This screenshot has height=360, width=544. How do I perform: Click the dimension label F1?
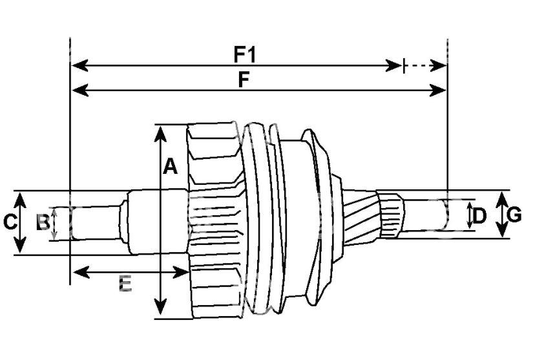click(x=244, y=54)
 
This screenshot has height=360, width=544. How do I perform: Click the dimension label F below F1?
click(x=244, y=80)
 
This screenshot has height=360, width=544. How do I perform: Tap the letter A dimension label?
click(x=170, y=166)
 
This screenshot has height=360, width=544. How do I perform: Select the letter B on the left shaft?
click(x=43, y=222)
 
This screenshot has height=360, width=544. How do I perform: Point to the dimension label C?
click(x=10, y=222)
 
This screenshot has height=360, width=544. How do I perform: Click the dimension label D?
click(x=479, y=216)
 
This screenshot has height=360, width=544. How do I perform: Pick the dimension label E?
click(x=125, y=284)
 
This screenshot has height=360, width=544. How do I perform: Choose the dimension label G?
click(x=514, y=215)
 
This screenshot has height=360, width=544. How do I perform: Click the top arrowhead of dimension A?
click(x=160, y=134)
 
